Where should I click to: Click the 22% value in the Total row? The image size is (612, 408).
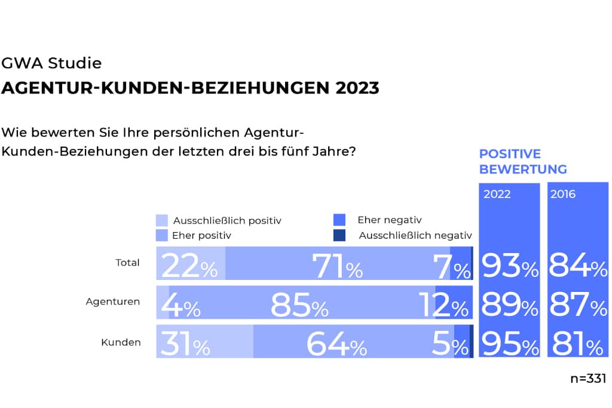click(x=189, y=266)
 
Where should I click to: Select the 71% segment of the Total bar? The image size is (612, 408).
click(x=338, y=266)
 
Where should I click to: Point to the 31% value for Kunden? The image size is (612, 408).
click(x=185, y=345)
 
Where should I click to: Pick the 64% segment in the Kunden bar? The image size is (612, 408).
click(x=336, y=345)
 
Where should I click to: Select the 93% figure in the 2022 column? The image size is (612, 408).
click(x=510, y=266)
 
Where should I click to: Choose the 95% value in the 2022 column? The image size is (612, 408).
click(x=510, y=345)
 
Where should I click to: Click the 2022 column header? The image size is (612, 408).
click(x=497, y=194)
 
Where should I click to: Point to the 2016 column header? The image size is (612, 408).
click(x=563, y=194)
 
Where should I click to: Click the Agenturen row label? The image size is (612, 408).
click(x=113, y=302)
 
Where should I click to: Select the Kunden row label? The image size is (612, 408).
click(x=121, y=342)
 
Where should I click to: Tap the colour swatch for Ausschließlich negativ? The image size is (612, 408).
click(x=339, y=235)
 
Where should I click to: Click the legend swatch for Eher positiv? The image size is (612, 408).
click(x=161, y=235)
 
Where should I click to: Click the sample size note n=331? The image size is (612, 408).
click(x=588, y=378)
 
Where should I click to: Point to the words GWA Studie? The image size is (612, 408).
click(x=52, y=63)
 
